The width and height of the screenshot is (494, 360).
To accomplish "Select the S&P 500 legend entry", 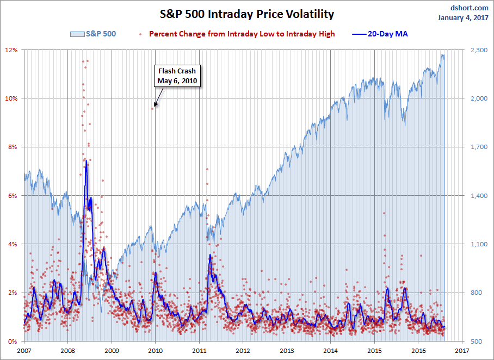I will click(94, 34).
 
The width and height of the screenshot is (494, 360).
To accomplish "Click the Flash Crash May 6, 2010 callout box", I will click(177, 76).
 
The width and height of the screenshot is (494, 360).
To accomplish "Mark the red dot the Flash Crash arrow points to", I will click(153, 109).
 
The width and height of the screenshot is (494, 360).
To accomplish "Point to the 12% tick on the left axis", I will click(11, 50).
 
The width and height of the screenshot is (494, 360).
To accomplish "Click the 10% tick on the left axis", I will click(11, 98).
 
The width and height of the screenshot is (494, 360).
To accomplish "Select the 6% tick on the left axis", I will click(13, 196).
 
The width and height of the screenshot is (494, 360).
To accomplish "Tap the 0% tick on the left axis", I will click(13, 342).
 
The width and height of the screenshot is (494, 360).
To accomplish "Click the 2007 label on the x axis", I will click(24, 351).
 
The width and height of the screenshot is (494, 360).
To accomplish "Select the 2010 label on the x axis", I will click(155, 351).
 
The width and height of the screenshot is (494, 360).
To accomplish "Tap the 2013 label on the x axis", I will click(287, 351).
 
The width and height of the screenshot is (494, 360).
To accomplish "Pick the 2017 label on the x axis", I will click(462, 351).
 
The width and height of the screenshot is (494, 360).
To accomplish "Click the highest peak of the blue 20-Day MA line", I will click(86, 160).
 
